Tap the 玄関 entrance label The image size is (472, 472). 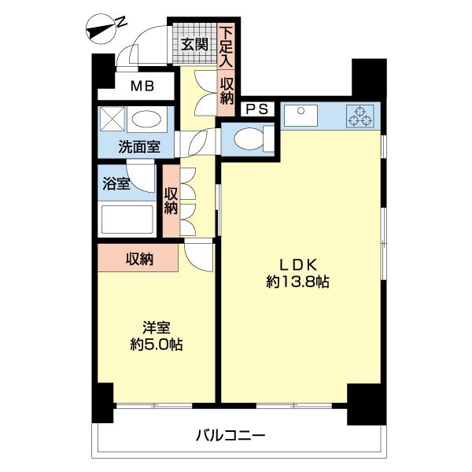click(194, 45)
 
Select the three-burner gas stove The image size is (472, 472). click(363, 116)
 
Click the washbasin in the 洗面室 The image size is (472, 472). click(147, 120)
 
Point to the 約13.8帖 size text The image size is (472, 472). click(297, 282)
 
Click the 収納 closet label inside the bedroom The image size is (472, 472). click(139, 258)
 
